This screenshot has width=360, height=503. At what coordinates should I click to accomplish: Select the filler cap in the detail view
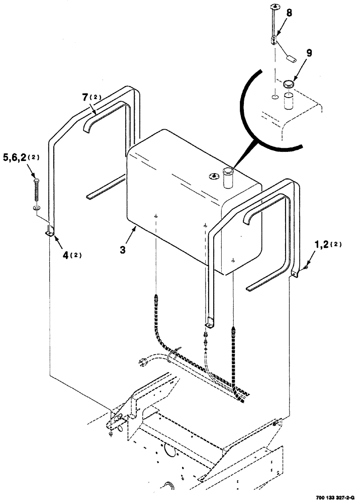point(289,83)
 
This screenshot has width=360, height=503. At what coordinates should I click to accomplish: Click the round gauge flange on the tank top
point(214,175)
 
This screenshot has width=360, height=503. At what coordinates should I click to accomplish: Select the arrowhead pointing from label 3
point(134,228)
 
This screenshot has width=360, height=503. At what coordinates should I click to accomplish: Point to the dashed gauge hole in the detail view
point(274,97)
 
